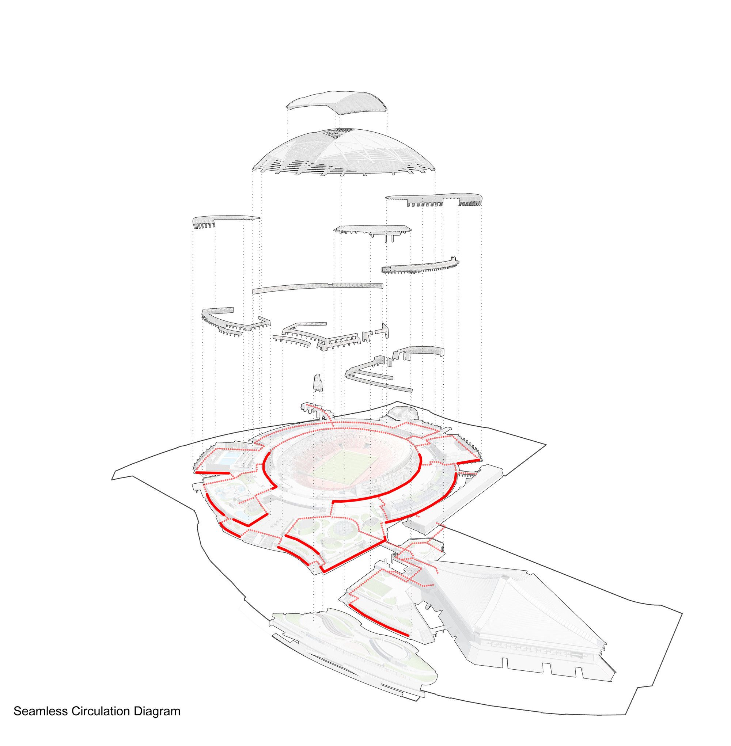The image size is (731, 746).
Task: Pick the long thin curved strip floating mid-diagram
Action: [318, 288]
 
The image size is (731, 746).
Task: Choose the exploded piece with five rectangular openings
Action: [342, 342]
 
